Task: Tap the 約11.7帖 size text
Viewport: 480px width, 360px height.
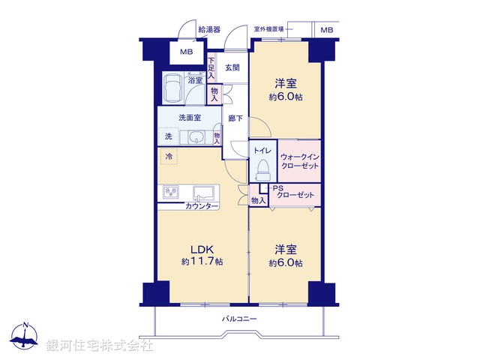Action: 202,262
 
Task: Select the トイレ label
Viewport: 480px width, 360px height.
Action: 262,151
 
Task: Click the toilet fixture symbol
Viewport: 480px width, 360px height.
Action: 262,171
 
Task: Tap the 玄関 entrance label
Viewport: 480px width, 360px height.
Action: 232,68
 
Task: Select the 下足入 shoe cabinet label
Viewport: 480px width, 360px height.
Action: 212,69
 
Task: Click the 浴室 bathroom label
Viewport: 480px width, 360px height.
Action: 194,79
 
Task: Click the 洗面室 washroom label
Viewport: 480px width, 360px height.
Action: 188,118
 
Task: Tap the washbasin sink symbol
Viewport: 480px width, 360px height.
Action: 196,136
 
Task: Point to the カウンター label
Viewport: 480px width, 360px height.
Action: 202,206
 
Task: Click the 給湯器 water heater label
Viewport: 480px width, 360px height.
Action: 209,30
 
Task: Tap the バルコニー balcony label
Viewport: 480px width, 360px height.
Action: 239,319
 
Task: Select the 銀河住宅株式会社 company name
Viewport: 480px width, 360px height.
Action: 100,346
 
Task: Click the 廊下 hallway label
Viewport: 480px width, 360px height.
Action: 235,118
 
